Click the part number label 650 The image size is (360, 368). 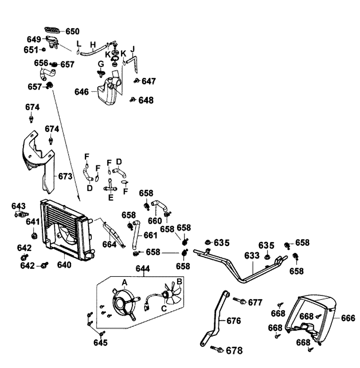(x=72, y=31)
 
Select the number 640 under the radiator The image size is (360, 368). (x=64, y=265)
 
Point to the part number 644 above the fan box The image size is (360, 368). (x=143, y=269)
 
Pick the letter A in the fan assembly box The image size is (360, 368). (x=125, y=283)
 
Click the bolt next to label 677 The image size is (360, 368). (x=239, y=301)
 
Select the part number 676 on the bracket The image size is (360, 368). (x=234, y=321)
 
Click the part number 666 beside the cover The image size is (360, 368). (x=348, y=318)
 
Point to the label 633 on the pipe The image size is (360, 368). (x=252, y=256)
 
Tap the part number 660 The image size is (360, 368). (x=156, y=220)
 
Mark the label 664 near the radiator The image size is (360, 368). (x=109, y=244)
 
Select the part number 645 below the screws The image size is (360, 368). (x=100, y=342)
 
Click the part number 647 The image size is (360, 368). (x=148, y=81)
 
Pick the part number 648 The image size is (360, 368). (x=146, y=100)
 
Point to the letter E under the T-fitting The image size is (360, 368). (x=111, y=197)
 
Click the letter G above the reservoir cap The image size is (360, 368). (x=101, y=64)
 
